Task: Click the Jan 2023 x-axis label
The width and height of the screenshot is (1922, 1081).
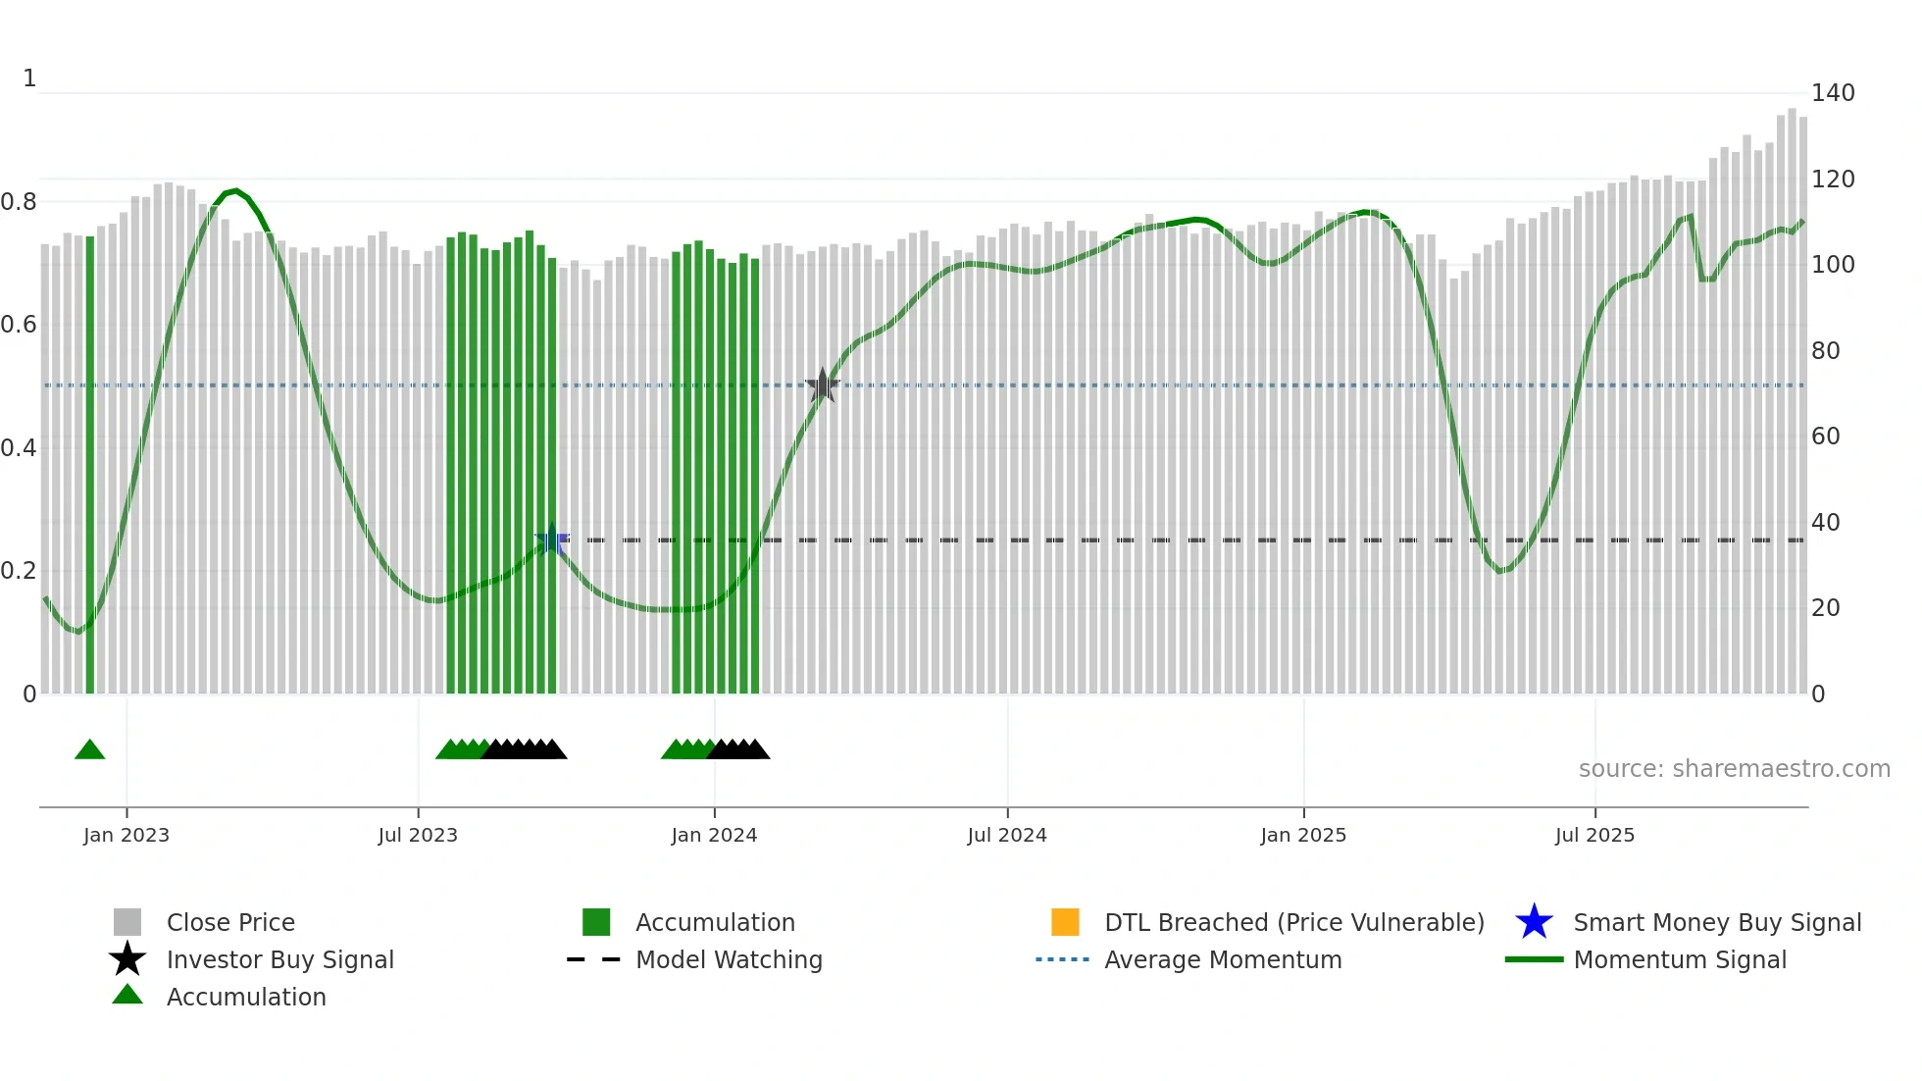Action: tap(126, 835)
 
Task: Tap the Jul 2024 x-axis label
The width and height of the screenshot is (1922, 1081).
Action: tap(1007, 835)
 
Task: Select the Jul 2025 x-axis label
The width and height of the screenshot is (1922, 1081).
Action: tap(1594, 835)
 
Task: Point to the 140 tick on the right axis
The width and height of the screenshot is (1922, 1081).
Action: tap(1833, 93)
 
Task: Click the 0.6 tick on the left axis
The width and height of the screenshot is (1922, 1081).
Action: tap(19, 325)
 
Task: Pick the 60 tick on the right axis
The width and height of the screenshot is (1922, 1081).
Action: tap(1826, 437)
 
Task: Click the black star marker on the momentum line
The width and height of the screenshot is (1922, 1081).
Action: tap(822, 386)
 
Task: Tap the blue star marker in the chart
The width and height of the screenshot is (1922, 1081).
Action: tap(551, 539)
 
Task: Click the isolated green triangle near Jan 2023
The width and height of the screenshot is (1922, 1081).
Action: tap(90, 750)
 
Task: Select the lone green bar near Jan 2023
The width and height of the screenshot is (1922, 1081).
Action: tap(90, 466)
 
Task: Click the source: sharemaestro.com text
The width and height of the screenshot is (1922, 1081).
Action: tap(1734, 769)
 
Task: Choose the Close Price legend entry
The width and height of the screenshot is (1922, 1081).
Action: tap(230, 922)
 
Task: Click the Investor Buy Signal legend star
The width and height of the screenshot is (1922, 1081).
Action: tap(127, 959)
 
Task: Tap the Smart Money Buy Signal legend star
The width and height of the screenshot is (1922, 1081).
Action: tap(1534, 922)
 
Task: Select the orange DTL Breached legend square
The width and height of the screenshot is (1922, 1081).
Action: tap(1065, 922)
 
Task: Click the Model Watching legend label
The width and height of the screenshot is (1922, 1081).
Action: tap(729, 959)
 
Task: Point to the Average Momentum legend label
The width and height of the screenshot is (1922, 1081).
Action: tap(1223, 959)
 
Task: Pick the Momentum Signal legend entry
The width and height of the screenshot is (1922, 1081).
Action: tap(1680, 959)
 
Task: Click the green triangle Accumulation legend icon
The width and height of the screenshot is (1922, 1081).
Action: tap(127, 996)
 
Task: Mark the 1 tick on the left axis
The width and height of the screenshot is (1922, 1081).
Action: tap(29, 78)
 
